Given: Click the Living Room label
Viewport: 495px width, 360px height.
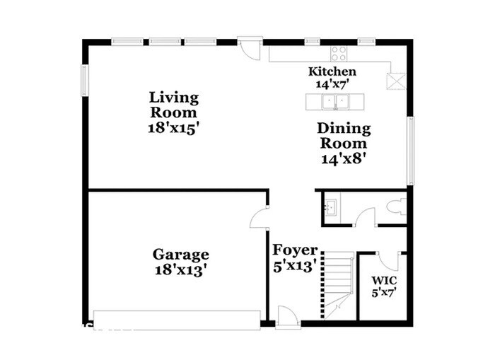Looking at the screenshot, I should [173, 104].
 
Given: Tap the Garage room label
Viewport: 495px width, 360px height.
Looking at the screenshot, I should [180, 254].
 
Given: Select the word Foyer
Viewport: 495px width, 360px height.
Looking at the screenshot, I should [295, 250].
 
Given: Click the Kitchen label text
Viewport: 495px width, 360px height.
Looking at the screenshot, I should [332, 71].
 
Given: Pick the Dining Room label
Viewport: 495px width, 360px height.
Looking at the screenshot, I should [343, 135].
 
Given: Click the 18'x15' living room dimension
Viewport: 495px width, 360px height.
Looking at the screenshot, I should [173, 129].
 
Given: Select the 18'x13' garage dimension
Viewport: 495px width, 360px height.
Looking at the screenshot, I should [180, 269].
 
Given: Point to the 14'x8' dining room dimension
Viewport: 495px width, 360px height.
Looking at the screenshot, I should [343, 158].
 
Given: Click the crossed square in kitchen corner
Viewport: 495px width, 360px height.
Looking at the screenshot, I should [397, 80].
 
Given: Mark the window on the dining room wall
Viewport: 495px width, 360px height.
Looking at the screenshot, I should [410, 151].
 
